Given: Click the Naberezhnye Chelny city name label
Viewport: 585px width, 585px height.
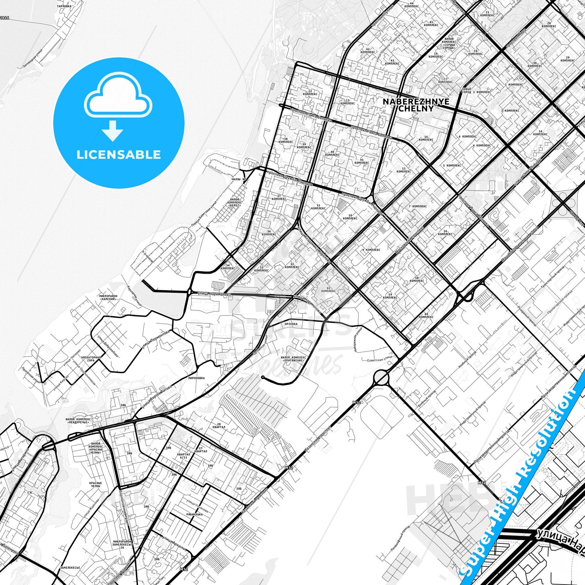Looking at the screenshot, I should point(416,105).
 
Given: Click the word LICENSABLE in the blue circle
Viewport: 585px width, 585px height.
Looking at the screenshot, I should point(119,155).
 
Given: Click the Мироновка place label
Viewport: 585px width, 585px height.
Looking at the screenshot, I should point(196,378).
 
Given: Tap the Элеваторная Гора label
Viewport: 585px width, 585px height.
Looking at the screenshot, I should point(91,359).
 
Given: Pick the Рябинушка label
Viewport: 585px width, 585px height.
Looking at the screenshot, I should point(194,514).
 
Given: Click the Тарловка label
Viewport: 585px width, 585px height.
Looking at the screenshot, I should point(64,7).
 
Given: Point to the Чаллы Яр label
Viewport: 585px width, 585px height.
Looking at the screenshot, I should point(238,179).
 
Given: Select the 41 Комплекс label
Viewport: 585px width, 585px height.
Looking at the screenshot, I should point(362,161).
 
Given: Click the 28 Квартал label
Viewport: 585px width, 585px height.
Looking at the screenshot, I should point(219,425).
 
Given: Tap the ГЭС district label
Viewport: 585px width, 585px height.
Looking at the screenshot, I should point(30,493).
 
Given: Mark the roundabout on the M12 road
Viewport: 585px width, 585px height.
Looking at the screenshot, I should point(381,379).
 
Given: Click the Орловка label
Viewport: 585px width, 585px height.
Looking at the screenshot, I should point(291,324).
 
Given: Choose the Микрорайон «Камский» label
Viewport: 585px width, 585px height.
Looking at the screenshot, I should point(108,298).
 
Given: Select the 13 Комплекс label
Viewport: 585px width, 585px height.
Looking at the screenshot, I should point(347,102).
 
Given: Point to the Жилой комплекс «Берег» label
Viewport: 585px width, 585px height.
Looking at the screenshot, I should point(234,202).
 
